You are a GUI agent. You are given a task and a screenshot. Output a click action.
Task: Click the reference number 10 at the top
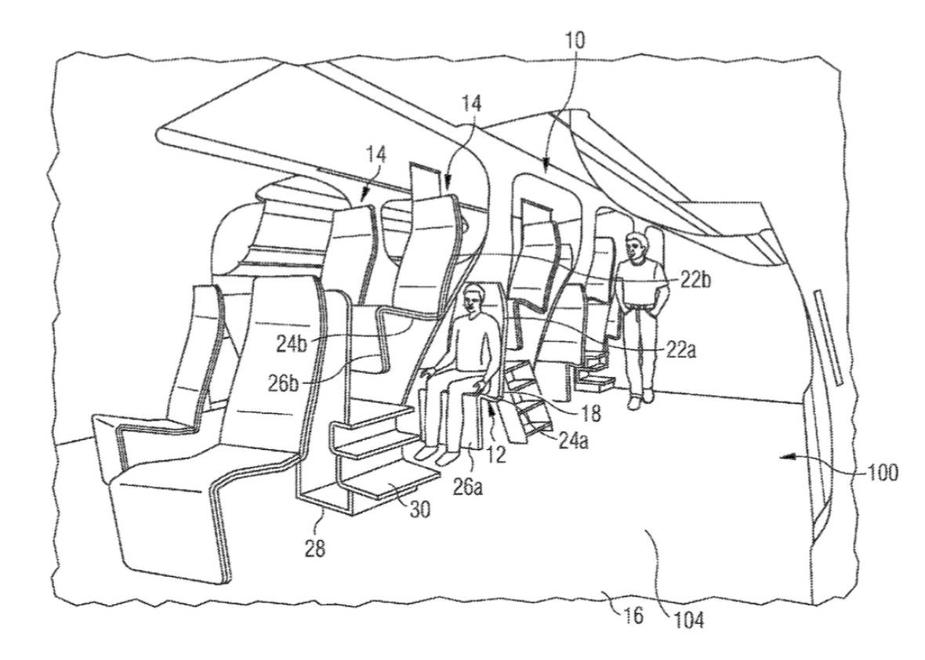pyautogui.click(x=575, y=41)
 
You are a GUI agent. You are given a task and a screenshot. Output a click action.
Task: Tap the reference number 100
pyautogui.click(x=883, y=473)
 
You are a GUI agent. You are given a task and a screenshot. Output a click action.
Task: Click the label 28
pyautogui.click(x=315, y=549)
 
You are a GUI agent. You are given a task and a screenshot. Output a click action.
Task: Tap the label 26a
pyautogui.click(x=467, y=488)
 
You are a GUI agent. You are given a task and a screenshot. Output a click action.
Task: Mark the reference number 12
pyautogui.click(x=497, y=454)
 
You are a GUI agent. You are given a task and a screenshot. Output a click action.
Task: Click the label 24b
pyautogui.click(x=292, y=344)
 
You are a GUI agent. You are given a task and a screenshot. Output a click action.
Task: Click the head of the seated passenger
pyautogui.click(x=473, y=299)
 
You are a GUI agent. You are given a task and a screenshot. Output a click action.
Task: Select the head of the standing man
pyautogui.click(x=635, y=248)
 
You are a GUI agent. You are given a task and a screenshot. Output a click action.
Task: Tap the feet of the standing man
pyautogui.click(x=640, y=398)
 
